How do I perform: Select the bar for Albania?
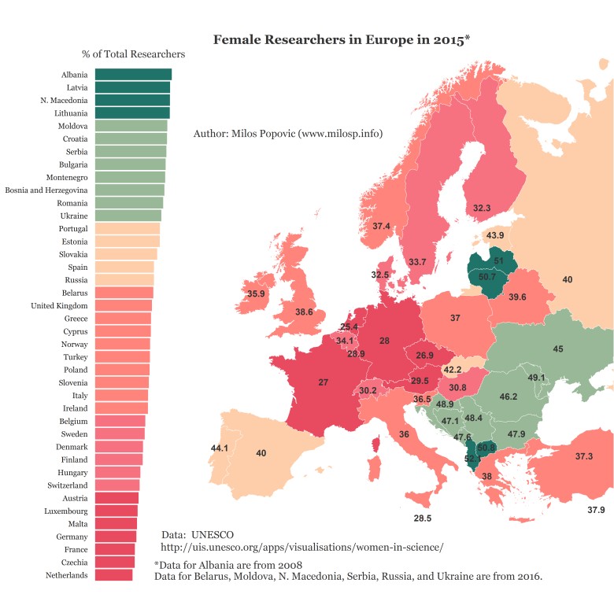click(x=133, y=75)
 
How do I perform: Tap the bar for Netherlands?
click(x=113, y=575)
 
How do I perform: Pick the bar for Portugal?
click(x=128, y=228)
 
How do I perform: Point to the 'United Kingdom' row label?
click(x=59, y=305)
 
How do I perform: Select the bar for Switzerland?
click(x=117, y=485)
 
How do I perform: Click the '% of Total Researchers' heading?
click(x=133, y=55)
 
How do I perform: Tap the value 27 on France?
click(x=323, y=382)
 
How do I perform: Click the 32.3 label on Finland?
click(x=482, y=208)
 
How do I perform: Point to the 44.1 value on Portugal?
click(x=219, y=448)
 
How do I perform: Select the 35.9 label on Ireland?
click(x=256, y=294)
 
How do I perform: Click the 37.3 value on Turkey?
click(x=583, y=456)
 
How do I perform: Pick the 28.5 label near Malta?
click(x=423, y=518)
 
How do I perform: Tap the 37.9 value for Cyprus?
click(x=596, y=511)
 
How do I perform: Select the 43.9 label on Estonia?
click(x=495, y=235)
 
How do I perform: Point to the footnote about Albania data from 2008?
click(x=228, y=565)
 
